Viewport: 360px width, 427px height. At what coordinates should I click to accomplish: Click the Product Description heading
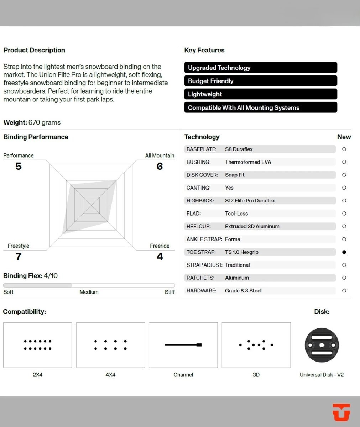click(34, 50)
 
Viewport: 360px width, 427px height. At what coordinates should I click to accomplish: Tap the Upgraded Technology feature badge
click(260, 68)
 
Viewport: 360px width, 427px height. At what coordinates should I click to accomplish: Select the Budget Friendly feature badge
click(260, 81)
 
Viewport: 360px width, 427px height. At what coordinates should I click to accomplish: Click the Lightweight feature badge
click(260, 94)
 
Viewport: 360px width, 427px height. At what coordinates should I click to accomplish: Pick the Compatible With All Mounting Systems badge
click(260, 107)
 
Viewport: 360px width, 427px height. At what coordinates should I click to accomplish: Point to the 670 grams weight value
click(45, 122)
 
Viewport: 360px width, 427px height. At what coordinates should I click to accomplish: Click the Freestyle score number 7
click(19, 257)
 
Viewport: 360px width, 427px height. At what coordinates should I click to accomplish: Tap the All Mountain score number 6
click(160, 166)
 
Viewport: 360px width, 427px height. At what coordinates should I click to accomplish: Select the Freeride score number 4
click(160, 257)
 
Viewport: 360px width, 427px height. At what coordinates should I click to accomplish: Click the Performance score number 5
click(19, 166)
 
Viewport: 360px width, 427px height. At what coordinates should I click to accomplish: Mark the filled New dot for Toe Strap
click(344, 252)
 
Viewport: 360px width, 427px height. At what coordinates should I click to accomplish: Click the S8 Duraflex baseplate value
click(239, 149)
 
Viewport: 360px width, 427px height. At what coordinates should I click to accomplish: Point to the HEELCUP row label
click(198, 226)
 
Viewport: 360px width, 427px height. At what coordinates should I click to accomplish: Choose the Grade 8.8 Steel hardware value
click(243, 291)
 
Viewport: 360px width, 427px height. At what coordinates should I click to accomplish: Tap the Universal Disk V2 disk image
click(322, 345)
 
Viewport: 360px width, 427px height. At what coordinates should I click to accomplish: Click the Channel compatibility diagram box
click(183, 345)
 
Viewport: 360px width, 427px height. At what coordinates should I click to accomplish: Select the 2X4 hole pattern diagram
click(37, 345)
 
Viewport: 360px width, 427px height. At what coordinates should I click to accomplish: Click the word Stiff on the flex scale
click(170, 292)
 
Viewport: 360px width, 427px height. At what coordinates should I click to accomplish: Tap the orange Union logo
click(341, 412)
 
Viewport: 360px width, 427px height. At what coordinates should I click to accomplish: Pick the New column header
click(344, 137)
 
